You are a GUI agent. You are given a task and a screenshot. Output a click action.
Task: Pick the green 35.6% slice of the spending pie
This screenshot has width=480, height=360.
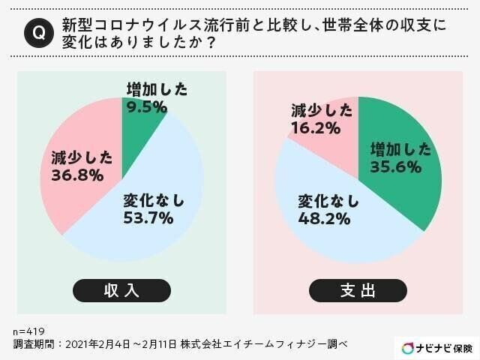pyautogui.click(x=405, y=180)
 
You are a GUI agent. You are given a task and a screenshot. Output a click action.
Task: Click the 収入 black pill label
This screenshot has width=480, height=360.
pyautogui.click(x=121, y=290)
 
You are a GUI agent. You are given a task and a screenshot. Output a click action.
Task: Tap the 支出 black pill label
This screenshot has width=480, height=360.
pyautogui.click(x=358, y=290)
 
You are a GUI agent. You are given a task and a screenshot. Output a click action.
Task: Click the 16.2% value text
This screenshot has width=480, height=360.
pyautogui.click(x=316, y=128)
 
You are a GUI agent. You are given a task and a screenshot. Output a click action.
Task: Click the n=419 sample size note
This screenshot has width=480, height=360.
pyautogui.click(x=28, y=330)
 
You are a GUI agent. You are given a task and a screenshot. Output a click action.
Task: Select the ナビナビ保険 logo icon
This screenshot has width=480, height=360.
pyautogui.click(x=407, y=348)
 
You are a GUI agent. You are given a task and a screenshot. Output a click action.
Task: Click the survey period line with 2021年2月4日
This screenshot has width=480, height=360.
pyautogui.click(x=180, y=343)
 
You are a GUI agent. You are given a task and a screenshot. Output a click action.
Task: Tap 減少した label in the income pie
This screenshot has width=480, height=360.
pyautogui.click(x=82, y=157)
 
